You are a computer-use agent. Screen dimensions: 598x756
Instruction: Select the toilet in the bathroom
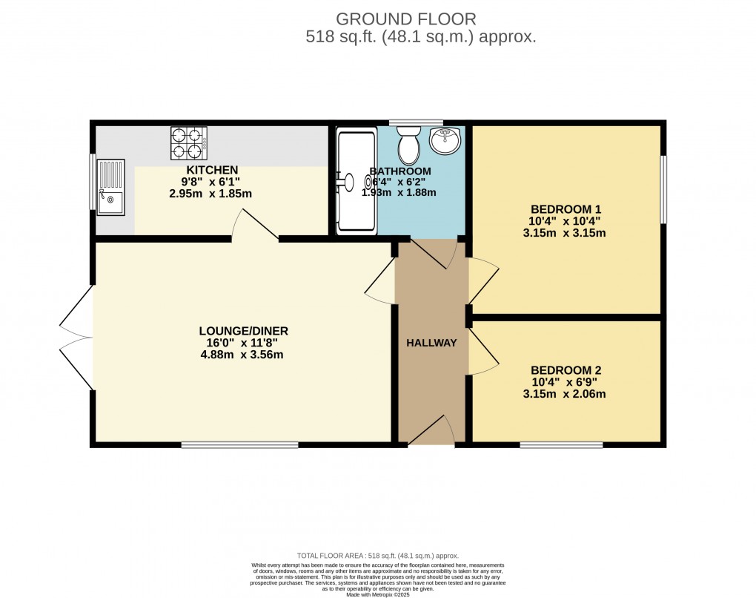[408, 145]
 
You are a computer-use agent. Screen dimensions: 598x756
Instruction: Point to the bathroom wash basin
[444, 140]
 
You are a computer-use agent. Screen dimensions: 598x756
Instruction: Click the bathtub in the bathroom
[357, 181]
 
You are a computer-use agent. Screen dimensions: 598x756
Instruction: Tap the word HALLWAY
[431, 343]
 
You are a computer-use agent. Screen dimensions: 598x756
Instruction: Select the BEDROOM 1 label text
[566, 208]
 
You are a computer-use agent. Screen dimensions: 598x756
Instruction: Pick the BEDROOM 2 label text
[566, 370]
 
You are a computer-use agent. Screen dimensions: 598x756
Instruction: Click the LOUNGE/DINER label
[243, 331]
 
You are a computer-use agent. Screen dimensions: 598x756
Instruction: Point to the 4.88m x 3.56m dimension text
[243, 355]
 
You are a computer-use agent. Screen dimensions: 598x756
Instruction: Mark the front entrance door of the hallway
[433, 433]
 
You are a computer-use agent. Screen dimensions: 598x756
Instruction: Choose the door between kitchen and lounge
[254, 226]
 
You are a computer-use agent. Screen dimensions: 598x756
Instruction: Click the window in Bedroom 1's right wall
[663, 189]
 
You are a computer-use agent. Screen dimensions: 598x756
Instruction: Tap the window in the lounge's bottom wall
[239, 444]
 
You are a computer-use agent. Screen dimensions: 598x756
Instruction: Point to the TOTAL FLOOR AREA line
[378, 556]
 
